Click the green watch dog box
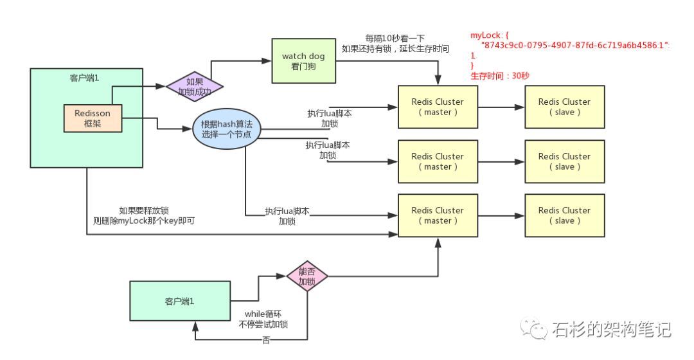pyautogui.click(x=303, y=60)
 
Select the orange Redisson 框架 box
pyautogui.click(x=93, y=118)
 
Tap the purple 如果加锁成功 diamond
pyautogui.click(x=194, y=86)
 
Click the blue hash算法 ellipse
pyautogui.click(x=227, y=129)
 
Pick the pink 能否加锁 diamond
pyautogui.click(x=307, y=276)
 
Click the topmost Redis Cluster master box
pyautogui.click(x=438, y=107)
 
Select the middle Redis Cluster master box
pyautogui.click(x=438, y=161)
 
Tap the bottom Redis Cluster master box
pyautogui.click(x=438, y=215)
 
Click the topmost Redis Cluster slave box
pyautogui.click(x=564, y=107)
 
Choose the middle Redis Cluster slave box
pyautogui.click(x=564, y=161)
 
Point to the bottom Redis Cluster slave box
pyautogui.click(x=564, y=215)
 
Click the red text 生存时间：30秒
pyautogui.click(x=500, y=76)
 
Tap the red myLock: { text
pyautogui.click(x=490, y=35)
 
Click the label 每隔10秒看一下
pyautogui.click(x=395, y=39)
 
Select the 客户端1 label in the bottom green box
pyautogui.click(x=179, y=301)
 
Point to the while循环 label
pyautogui.click(x=263, y=314)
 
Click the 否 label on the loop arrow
pyautogui.click(x=265, y=340)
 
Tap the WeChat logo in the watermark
pyautogui.click(x=533, y=328)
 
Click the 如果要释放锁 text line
pyautogui.click(x=144, y=210)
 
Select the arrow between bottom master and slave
pyautogui.click(x=501, y=215)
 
